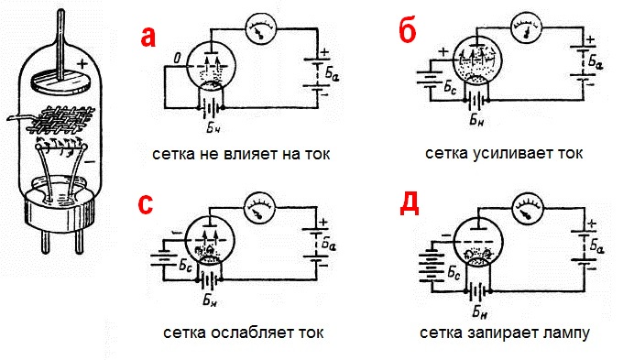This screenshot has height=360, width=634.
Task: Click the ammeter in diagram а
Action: point(261,35)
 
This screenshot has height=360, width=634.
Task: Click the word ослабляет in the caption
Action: point(252,332)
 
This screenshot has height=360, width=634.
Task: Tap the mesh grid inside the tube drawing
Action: point(63,119)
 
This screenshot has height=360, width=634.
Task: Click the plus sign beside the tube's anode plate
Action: point(84,65)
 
